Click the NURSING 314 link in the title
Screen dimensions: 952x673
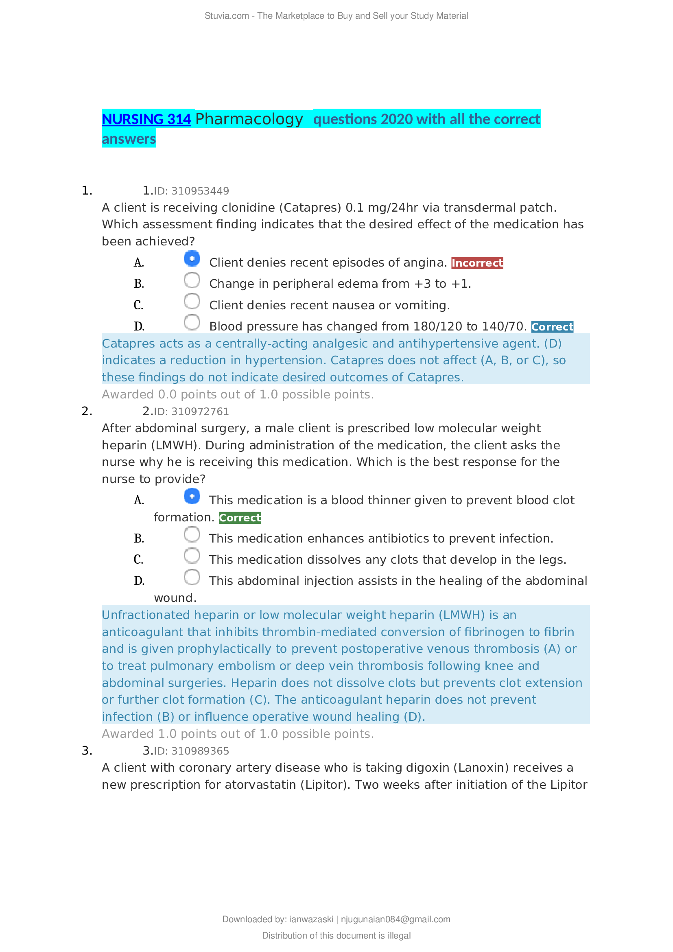click(x=146, y=119)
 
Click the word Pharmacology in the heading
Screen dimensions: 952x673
click(x=249, y=119)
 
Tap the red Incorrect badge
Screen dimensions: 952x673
click(x=477, y=263)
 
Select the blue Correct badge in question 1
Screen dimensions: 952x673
click(x=552, y=327)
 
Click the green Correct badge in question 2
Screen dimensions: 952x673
click(x=240, y=517)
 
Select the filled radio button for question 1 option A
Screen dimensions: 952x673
click(x=192, y=259)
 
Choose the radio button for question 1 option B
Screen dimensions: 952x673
click(x=192, y=280)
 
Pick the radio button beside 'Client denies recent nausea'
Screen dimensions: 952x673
click(x=192, y=302)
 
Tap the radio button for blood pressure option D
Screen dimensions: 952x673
click(x=192, y=323)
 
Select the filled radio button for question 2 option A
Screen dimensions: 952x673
click(x=192, y=496)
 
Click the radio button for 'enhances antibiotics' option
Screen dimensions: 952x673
click(x=192, y=534)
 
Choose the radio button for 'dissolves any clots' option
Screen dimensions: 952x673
click(x=192, y=556)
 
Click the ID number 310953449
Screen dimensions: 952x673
click(x=200, y=191)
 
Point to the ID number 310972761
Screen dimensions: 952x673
click(x=200, y=412)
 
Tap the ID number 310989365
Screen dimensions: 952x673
click(x=200, y=751)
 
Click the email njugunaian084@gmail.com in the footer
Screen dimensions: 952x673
click(x=395, y=919)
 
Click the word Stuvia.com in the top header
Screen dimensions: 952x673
click(x=227, y=16)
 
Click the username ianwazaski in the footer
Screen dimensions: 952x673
click(x=311, y=919)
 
